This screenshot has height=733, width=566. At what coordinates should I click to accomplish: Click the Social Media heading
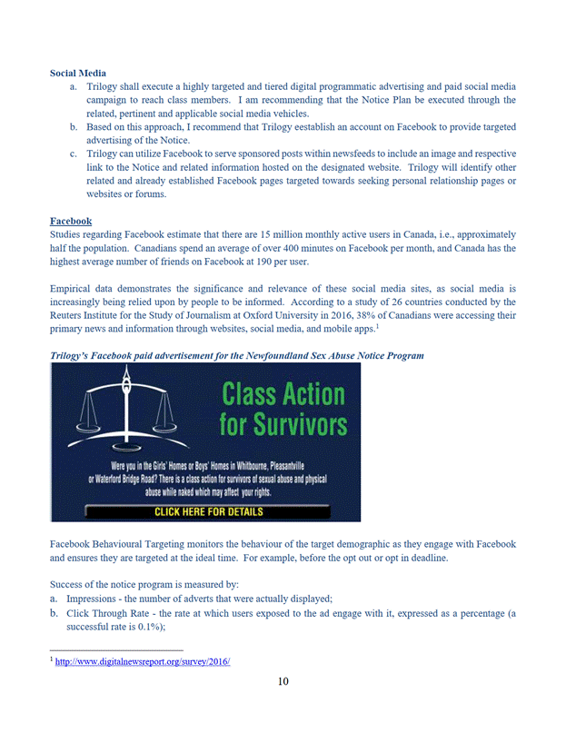coord(77,73)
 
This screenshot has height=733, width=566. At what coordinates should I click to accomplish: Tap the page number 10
coord(283,683)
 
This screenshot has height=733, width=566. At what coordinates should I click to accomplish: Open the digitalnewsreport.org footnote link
coord(143,662)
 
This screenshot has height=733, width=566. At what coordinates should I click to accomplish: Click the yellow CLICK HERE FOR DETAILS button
coord(209,511)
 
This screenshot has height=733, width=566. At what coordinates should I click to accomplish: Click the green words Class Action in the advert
coord(283,394)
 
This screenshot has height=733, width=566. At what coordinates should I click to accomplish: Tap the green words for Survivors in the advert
coord(283,424)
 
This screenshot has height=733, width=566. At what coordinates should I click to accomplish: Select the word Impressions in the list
coord(89,598)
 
